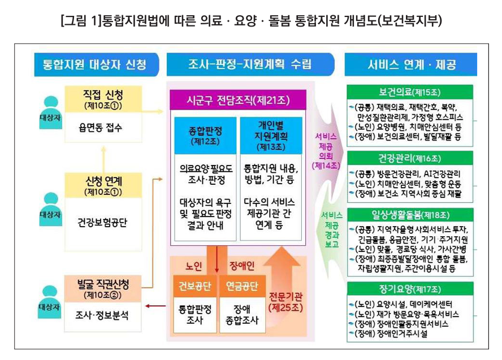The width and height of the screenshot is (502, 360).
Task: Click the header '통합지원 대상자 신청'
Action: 90,64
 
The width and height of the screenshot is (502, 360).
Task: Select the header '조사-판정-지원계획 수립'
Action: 249,64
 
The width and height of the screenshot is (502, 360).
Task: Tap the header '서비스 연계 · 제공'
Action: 411,64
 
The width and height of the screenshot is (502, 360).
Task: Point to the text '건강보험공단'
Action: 102,222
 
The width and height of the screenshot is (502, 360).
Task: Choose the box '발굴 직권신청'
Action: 103,287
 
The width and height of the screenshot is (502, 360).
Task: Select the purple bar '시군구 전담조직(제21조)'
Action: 238,101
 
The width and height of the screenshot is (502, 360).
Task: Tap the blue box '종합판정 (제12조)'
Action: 205,135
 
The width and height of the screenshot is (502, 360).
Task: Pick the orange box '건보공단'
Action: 194,285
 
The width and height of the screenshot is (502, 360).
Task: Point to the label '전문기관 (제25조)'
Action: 286,302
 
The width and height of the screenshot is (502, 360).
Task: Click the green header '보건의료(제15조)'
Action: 410,92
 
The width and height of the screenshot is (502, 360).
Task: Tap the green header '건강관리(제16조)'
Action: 410,158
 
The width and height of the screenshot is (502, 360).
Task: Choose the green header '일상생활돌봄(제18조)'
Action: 410,215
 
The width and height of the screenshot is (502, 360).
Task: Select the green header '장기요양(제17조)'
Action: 410,289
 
